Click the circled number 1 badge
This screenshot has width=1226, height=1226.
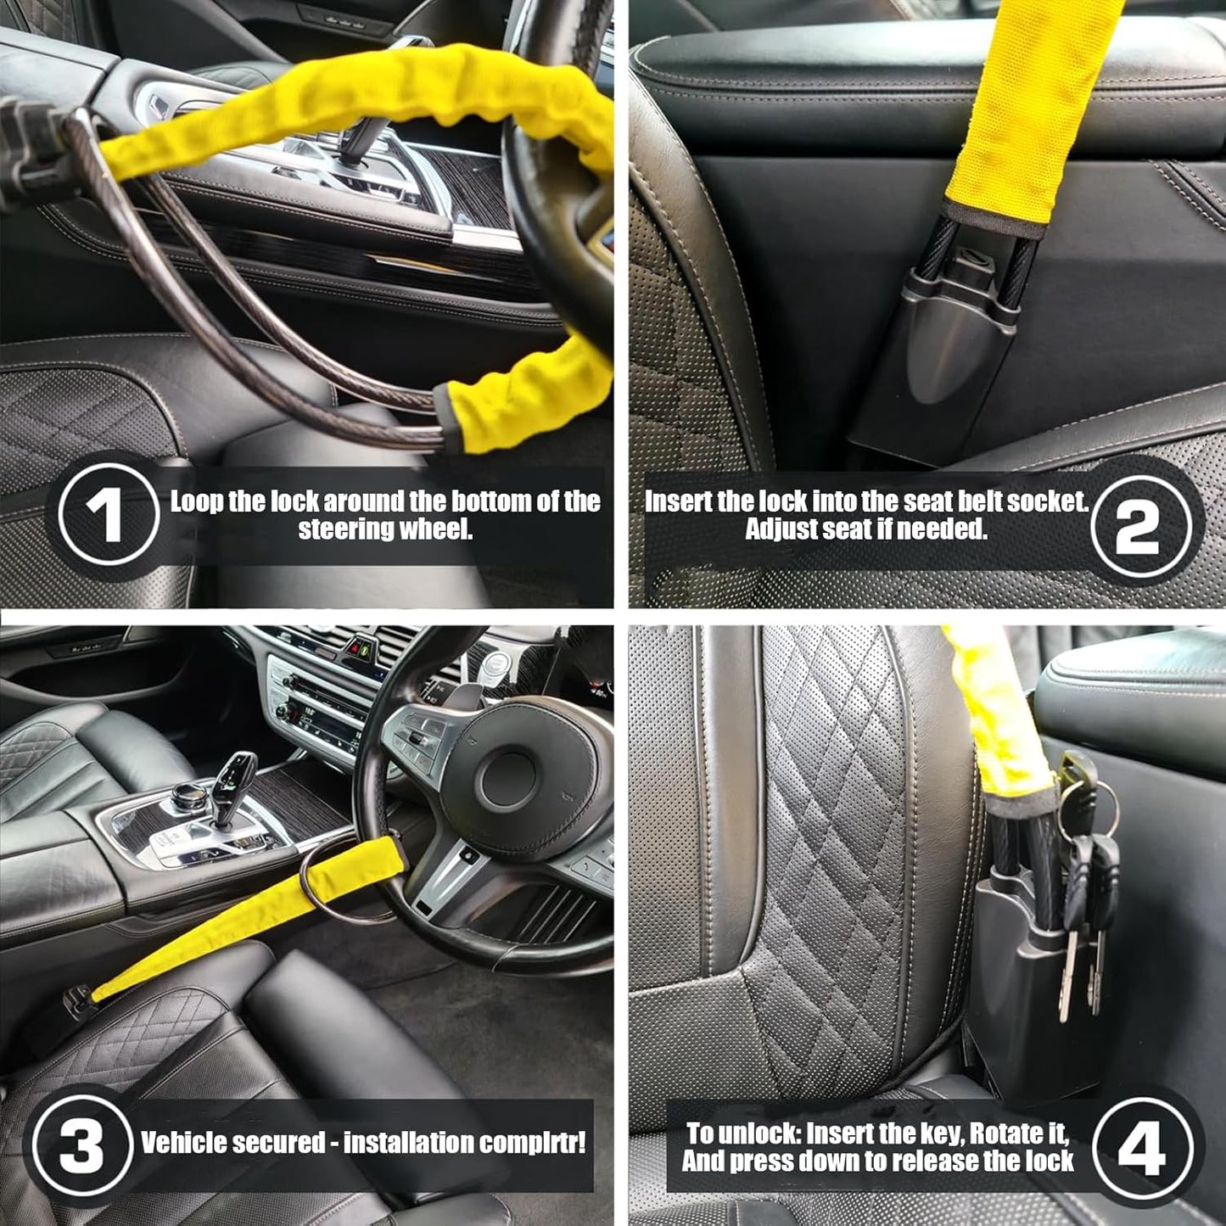pyautogui.click(x=109, y=515)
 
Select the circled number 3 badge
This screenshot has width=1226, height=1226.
pyautogui.click(x=82, y=1146)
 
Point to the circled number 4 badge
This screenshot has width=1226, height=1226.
pyautogui.click(x=1143, y=1148)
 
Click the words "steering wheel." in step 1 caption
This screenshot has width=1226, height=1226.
pyautogui.click(x=385, y=530)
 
